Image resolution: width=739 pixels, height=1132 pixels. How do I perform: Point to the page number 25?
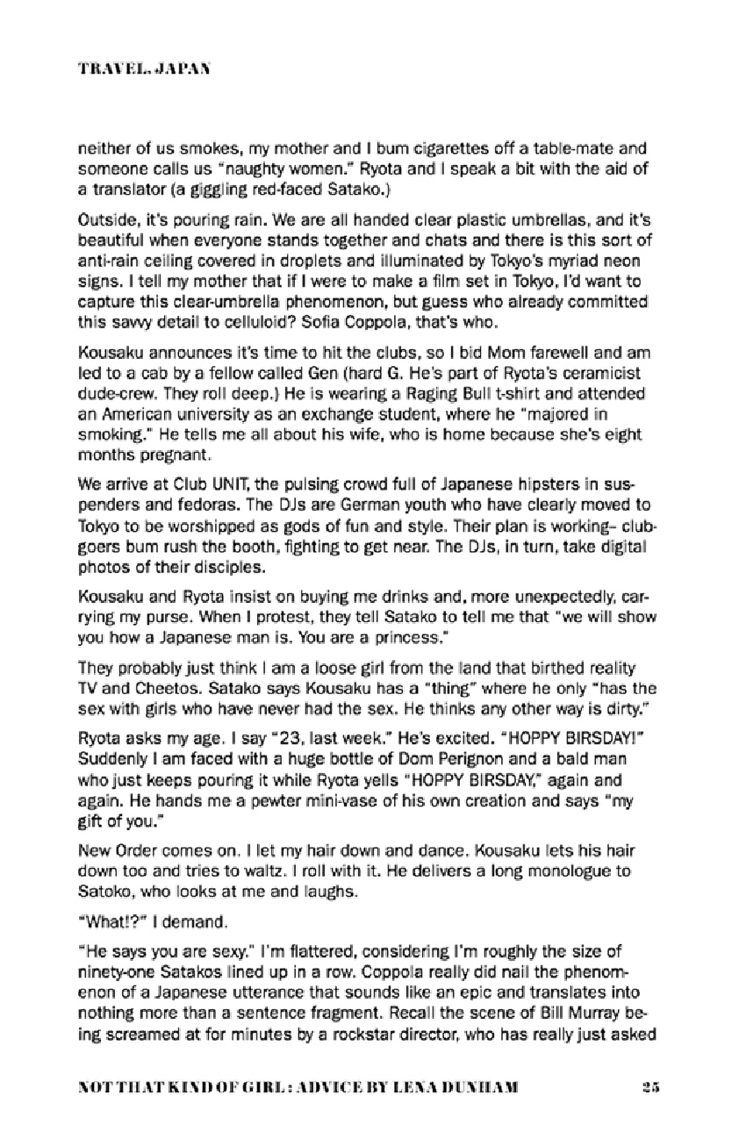[650, 1086]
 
